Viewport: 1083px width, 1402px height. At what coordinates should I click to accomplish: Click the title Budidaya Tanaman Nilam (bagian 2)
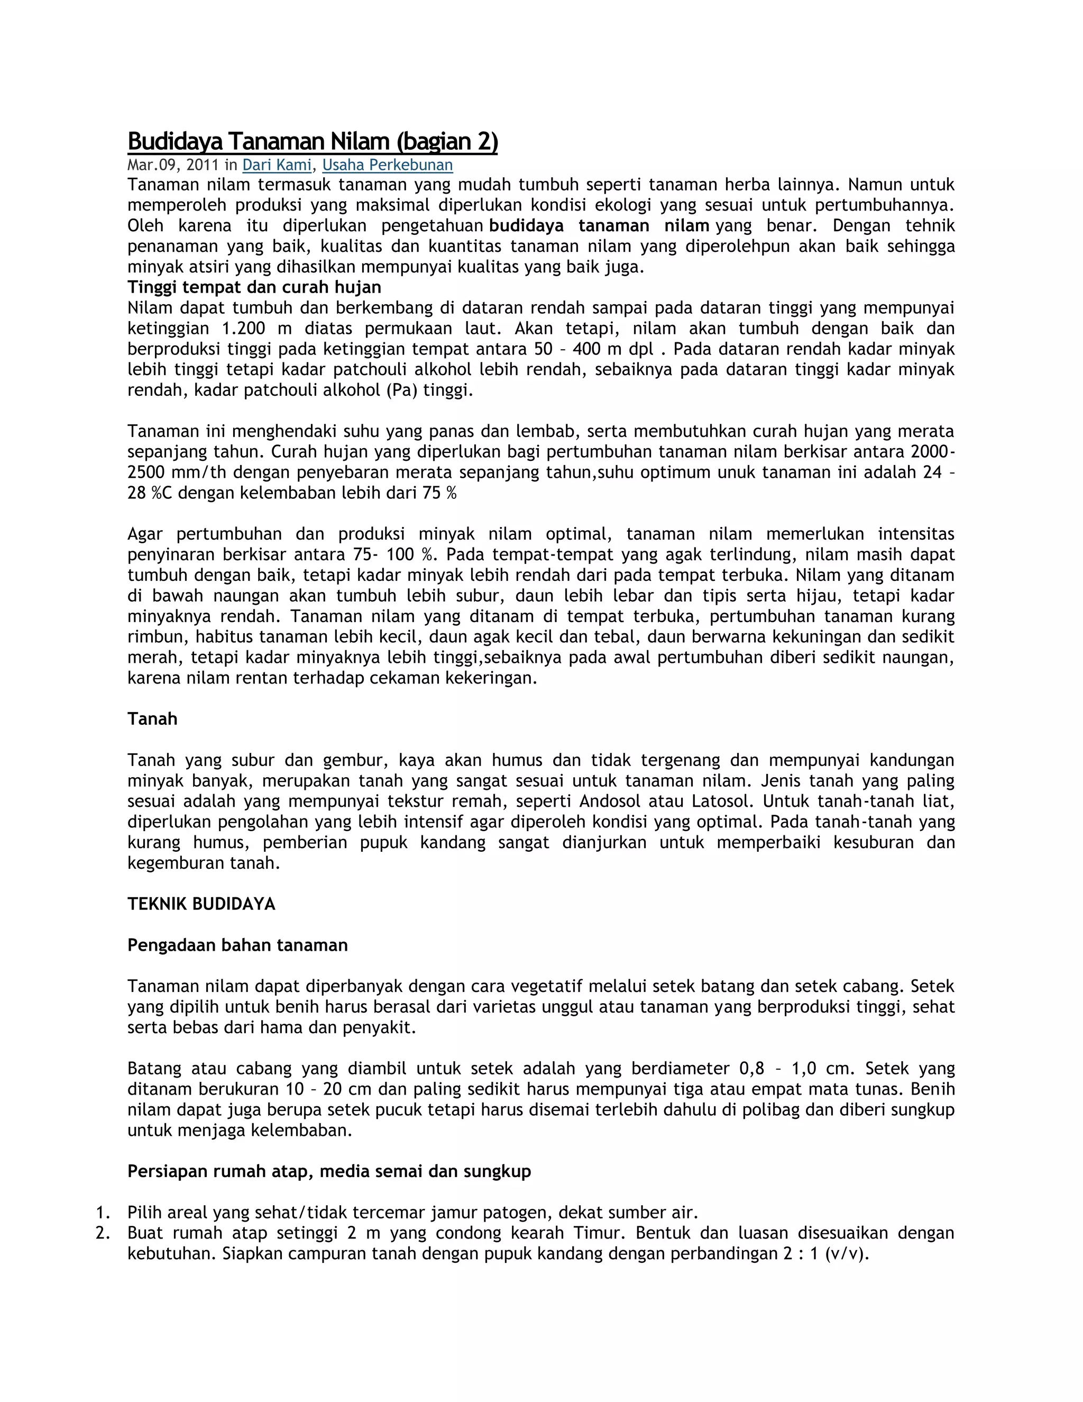[313, 142]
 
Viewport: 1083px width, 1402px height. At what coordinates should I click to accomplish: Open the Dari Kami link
[277, 165]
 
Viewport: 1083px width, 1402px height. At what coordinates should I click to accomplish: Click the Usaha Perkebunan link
[388, 165]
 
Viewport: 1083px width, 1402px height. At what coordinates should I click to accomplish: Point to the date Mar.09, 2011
[173, 165]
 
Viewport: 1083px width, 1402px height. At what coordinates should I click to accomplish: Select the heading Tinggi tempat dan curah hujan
[254, 287]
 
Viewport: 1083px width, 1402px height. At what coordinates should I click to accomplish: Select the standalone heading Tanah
[152, 719]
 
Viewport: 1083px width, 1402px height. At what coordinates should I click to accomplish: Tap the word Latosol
[722, 801]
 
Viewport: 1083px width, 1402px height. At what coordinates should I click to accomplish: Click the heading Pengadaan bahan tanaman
[237, 945]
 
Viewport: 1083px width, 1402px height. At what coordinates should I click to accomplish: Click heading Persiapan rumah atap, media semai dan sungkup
[329, 1171]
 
